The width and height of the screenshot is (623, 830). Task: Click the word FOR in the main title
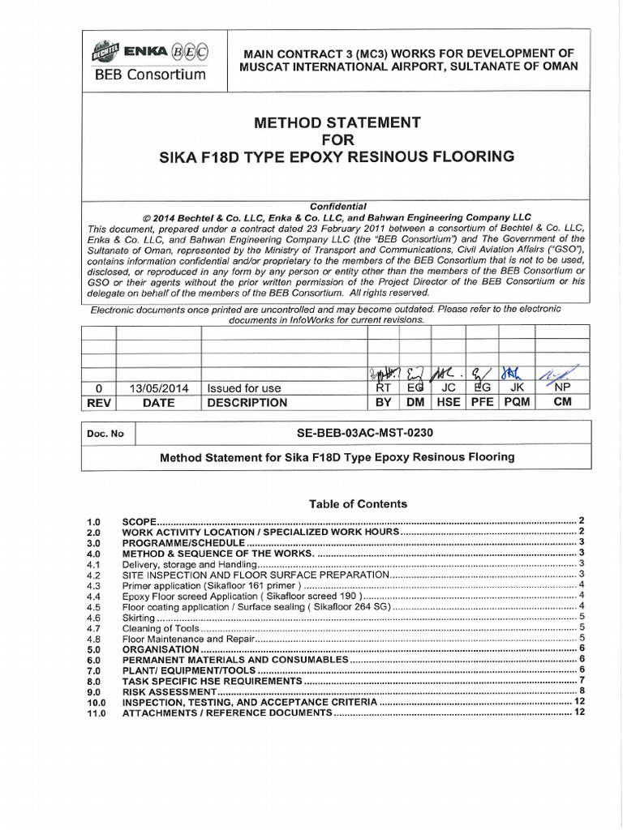coord(337,139)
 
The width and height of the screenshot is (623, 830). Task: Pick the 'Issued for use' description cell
coord(244,388)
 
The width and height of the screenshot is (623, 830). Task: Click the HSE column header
coord(448,402)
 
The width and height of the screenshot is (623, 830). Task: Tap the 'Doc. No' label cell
coord(105,434)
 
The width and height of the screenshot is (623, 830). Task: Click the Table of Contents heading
coord(358,503)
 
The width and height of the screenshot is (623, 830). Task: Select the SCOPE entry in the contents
coord(139,521)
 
